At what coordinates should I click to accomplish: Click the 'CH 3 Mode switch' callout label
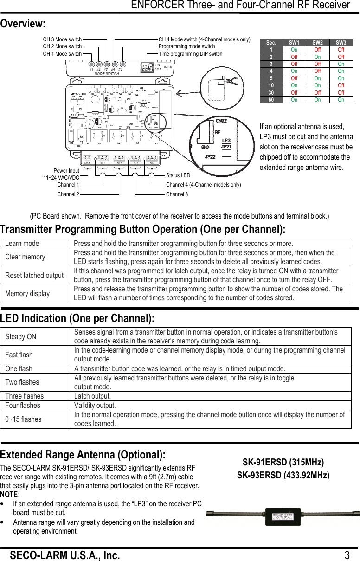click(62, 39)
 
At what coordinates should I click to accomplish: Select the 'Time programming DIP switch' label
click(190, 54)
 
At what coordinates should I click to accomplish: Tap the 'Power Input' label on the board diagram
click(66, 171)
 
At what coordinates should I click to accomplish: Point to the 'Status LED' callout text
click(178, 175)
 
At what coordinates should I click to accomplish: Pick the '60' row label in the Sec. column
click(271, 100)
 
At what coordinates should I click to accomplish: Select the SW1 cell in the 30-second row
click(294, 93)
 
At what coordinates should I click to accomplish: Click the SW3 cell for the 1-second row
click(341, 50)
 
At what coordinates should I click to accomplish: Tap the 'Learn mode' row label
click(22, 244)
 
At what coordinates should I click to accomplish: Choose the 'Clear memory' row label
click(25, 257)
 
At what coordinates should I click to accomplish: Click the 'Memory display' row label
click(27, 293)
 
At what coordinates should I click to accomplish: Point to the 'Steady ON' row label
click(20, 336)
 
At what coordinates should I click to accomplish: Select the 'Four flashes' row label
click(23, 405)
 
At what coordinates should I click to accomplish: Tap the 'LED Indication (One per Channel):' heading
click(77, 318)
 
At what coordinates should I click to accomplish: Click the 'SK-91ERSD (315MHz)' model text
click(283, 463)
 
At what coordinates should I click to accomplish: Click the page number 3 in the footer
click(347, 555)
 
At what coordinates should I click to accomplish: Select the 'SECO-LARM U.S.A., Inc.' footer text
click(65, 555)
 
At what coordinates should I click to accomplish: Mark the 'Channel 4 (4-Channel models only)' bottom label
click(203, 185)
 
